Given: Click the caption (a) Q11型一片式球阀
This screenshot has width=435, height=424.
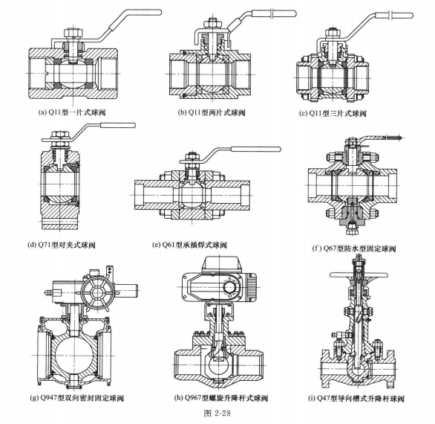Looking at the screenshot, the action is [72, 112].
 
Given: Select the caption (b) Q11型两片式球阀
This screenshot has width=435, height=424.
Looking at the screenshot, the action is [212, 112].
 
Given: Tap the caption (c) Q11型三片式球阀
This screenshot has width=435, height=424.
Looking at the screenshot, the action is [333, 113].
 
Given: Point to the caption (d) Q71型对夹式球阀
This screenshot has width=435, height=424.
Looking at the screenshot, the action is [62, 245].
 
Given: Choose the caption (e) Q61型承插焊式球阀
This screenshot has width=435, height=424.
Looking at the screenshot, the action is [189, 245].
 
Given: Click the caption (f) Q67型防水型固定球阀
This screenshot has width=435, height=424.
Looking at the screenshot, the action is [353, 248].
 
